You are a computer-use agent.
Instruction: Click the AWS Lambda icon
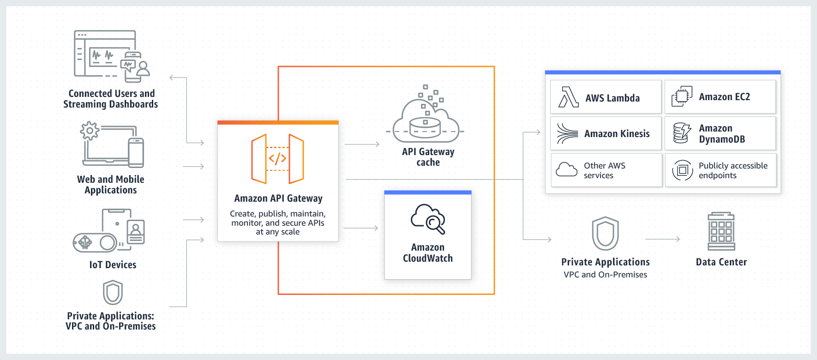coord(568,97)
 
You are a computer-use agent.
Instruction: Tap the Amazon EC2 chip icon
coord(681,96)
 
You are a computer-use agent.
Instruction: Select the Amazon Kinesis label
coord(617,134)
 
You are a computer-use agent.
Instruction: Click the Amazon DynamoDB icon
coord(682,133)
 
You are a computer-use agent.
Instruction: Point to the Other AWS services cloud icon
coord(566,169)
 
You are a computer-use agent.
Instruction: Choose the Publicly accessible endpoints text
coord(733,170)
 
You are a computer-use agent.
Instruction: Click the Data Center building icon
coord(721,231)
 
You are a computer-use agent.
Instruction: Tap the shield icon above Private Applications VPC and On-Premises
coord(605,234)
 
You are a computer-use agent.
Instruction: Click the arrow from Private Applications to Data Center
coord(662,239)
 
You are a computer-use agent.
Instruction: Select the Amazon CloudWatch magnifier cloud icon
coord(428,219)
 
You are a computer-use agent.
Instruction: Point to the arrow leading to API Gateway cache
coord(362,144)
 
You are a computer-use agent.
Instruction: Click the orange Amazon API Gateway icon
coord(277,159)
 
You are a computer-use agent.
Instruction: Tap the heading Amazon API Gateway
coord(278,198)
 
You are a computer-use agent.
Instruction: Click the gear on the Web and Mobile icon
coord(90,131)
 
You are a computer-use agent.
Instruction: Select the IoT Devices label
coord(113,265)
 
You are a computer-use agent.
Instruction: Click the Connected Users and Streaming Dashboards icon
coord(112,56)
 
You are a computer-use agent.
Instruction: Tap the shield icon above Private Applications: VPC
coord(113,293)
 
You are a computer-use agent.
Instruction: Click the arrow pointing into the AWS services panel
coord(532,132)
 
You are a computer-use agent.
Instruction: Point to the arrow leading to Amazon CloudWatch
coord(361,228)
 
